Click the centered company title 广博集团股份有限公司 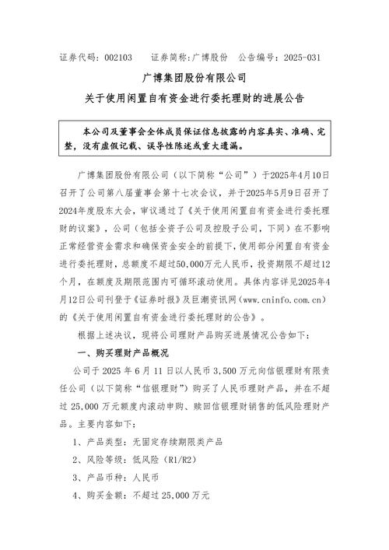pos(194,79)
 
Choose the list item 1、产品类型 pos(96,441)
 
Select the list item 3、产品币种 pos(96,477)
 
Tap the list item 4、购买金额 pos(96,495)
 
